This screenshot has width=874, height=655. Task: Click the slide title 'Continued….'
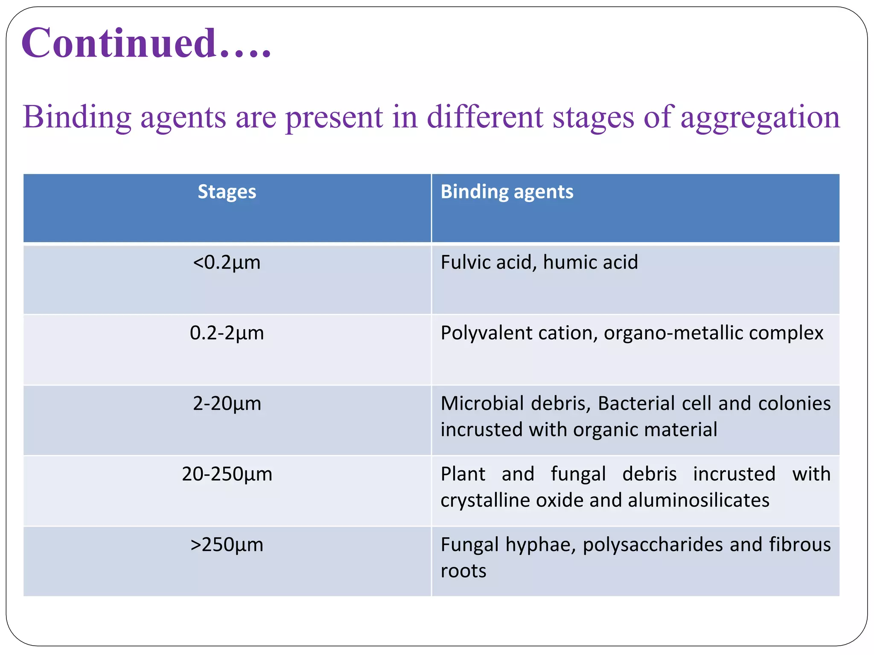coord(146,43)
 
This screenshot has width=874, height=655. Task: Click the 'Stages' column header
coord(227,192)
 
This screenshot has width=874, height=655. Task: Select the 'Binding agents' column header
coord(507,192)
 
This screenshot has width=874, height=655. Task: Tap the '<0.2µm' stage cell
coord(227,262)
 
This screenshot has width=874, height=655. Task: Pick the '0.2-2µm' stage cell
coord(227,333)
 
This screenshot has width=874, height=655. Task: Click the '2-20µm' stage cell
coord(227,403)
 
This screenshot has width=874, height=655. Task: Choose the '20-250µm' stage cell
coord(227,474)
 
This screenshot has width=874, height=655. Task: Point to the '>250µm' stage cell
coord(227,545)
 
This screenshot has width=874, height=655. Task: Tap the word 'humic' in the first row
coord(568,262)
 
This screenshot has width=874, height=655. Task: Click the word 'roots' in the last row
coord(463,571)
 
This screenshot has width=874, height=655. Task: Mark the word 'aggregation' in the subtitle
coord(760,117)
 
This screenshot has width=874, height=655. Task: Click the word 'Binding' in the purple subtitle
coord(77,117)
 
